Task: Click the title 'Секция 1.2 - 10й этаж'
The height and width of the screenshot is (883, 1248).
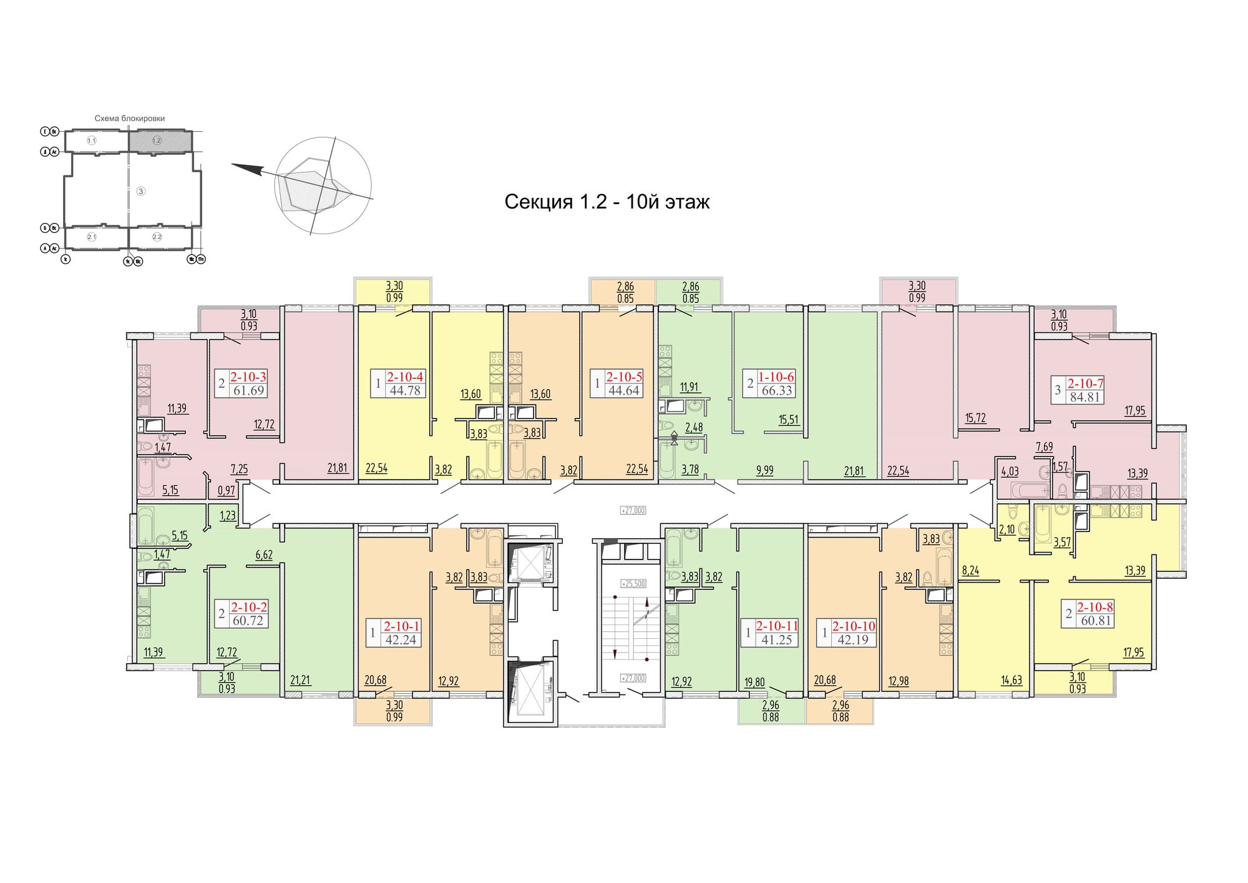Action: (x=607, y=202)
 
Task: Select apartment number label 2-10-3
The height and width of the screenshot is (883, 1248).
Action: (x=248, y=377)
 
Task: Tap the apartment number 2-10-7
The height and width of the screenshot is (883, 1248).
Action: (x=1085, y=383)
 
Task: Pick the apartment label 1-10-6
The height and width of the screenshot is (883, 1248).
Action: (x=776, y=377)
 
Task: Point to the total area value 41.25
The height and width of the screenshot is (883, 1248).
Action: (x=776, y=639)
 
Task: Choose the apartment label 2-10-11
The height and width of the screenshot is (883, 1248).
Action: (x=777, y=626)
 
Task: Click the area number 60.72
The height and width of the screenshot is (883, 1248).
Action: (x=248, y=621)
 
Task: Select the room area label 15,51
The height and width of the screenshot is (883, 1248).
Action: (x=789, y=420)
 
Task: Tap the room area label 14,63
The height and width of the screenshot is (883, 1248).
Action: (x=1012, y=680)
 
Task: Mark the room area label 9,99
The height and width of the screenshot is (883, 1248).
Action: (x=764, y=470)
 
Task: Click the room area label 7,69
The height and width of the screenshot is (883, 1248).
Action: (x=1044, y=446)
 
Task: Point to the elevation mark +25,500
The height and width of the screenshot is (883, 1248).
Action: (x=633, y=584)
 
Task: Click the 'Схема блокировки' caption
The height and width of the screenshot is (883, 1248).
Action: (x=130, y=118)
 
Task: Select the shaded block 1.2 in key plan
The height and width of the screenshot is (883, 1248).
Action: (x=157, y=141)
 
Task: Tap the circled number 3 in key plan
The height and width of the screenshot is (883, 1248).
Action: (x=141, y=191)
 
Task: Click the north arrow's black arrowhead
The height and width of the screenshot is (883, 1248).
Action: (x=246, y=169)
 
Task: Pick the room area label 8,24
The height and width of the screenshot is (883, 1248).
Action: (x=970, y=570)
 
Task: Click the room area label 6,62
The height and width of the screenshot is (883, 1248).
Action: (x=264, y=555)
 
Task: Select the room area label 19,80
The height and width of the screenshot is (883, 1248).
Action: (x=754, y=682)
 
